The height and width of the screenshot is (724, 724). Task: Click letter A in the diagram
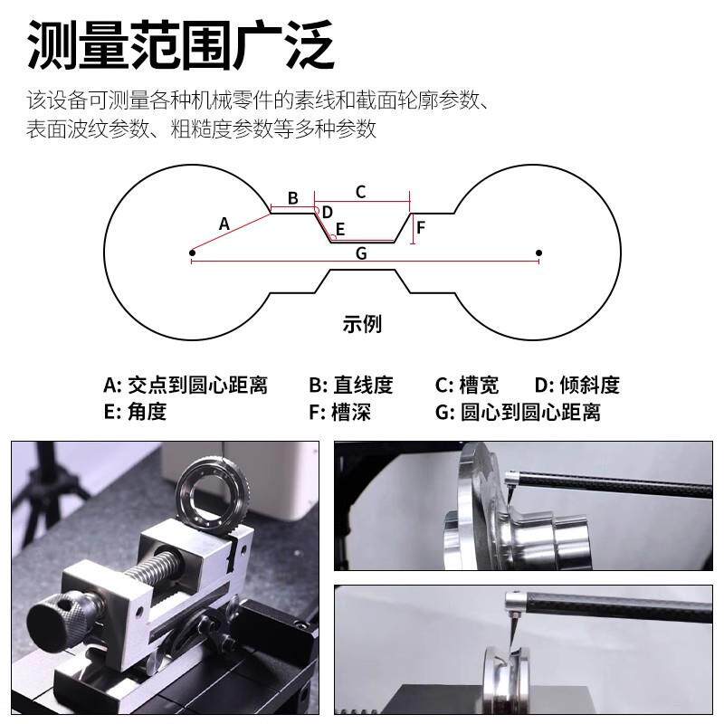click(225, 223)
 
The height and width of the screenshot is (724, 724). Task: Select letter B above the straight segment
click(292, 198)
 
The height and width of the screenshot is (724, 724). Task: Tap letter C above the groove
click(360, 192)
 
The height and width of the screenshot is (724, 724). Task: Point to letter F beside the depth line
click(421, 226)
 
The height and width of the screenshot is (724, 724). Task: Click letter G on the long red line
click(361, 253)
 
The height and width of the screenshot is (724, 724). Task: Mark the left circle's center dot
click(192, 252)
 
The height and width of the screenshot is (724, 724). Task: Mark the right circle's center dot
click(539, 252)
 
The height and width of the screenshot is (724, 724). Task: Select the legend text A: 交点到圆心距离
click(186, 386)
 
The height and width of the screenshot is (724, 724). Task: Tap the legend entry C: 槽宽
click(467, 386)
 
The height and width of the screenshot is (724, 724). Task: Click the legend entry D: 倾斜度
click(576, 386)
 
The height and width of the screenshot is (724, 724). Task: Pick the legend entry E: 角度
click(135, 413)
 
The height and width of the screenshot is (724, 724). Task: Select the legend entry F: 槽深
click(339, 413)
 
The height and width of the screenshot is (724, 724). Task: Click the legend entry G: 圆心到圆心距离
click(518, 413)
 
